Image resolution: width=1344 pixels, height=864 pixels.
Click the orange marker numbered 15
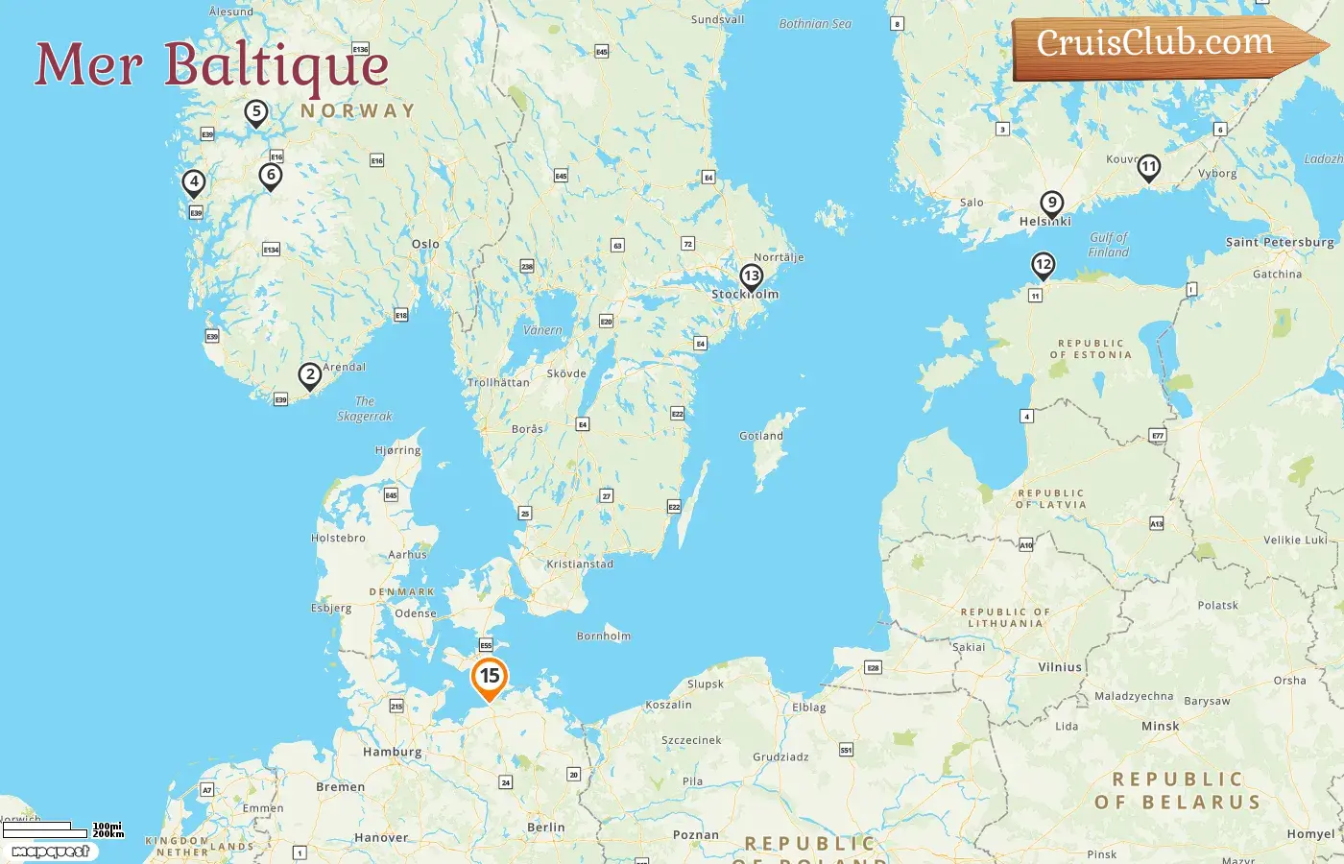pos(490,677)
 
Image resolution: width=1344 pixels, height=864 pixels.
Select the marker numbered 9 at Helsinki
pos(1052,204)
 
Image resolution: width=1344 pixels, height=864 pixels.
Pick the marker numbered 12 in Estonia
pos(1043,265)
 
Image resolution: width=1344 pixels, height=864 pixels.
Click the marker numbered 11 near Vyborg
pos(1148,167)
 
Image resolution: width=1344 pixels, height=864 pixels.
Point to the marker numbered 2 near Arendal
pos(309,375)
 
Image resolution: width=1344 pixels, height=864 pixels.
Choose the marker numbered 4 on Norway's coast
pos(194,181)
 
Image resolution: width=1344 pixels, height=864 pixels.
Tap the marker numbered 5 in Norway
pos(255,112)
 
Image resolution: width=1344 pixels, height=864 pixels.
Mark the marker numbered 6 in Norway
pos(271,176)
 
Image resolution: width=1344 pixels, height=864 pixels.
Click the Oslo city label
pos(425,244)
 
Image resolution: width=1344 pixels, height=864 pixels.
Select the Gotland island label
pos(761,436)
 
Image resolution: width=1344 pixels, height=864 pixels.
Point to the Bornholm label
pos(604,636)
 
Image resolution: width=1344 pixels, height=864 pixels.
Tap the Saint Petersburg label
pos(1280,242)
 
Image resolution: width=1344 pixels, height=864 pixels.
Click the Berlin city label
pos(545,827)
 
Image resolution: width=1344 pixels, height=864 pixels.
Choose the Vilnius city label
pos(1060,666)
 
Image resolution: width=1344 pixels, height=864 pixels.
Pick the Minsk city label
pos(1160,726)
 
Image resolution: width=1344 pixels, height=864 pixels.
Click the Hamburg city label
pos(392,752)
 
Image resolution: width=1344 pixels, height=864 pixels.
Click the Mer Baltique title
pos(212,65)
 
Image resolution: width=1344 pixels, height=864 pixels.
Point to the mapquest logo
pos(50,851)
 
